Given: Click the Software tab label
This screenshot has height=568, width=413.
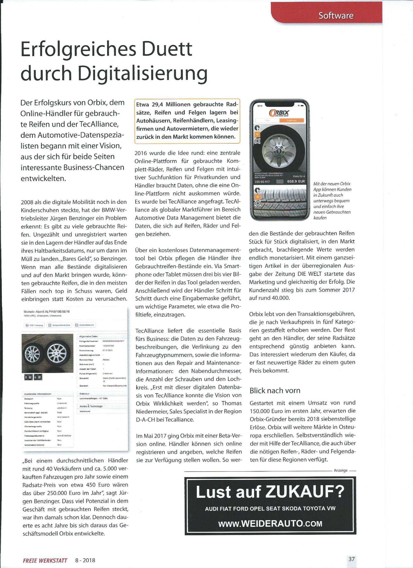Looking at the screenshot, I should pos(336,16).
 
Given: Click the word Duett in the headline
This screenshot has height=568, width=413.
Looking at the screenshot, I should pos(167,49).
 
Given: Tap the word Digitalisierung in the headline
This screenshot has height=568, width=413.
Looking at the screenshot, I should pos(143,73).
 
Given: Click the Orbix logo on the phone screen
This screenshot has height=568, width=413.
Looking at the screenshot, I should pos(279,113).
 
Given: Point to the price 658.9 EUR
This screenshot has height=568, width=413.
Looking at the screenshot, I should pos(296,181).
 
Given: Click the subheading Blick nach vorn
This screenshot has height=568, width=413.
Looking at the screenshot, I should pos(275,390).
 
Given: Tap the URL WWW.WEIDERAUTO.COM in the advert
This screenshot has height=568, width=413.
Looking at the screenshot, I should pos(270,524).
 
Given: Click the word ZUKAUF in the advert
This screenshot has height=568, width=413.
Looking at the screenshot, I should pos(304,492).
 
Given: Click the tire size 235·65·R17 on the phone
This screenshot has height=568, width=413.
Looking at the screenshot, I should pos(262,181).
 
